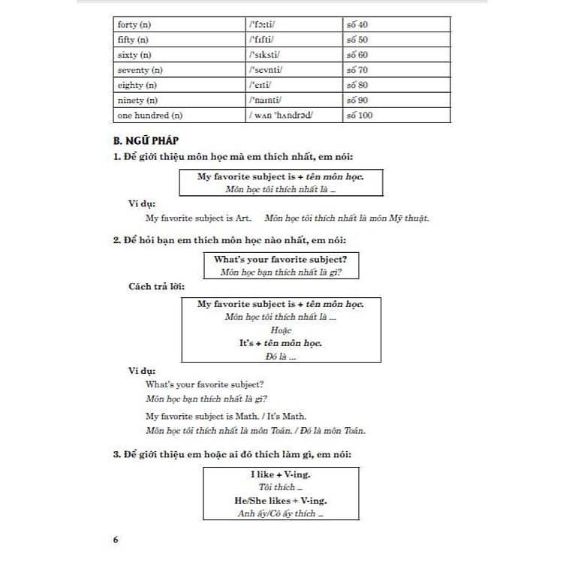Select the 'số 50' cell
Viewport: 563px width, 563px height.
[x=357, y=40]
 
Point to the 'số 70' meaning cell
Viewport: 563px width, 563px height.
[x=357, y=70]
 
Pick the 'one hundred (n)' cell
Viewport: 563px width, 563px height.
[x=149, y=115]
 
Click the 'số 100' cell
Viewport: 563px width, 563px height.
[x=360, y=115]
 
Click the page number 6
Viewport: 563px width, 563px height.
[x=115, y=540]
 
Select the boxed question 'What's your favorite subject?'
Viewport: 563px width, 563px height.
[x=281, y=259]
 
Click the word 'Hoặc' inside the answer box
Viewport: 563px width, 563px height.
[x=281, y=330]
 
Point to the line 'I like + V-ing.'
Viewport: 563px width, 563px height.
[x=281, y=475]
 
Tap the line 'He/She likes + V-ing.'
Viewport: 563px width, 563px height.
[x=281, y=501]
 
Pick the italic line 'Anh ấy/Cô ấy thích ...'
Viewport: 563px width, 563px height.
[x=281, y=513]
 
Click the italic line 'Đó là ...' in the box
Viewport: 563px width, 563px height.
[x=281, y=357]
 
